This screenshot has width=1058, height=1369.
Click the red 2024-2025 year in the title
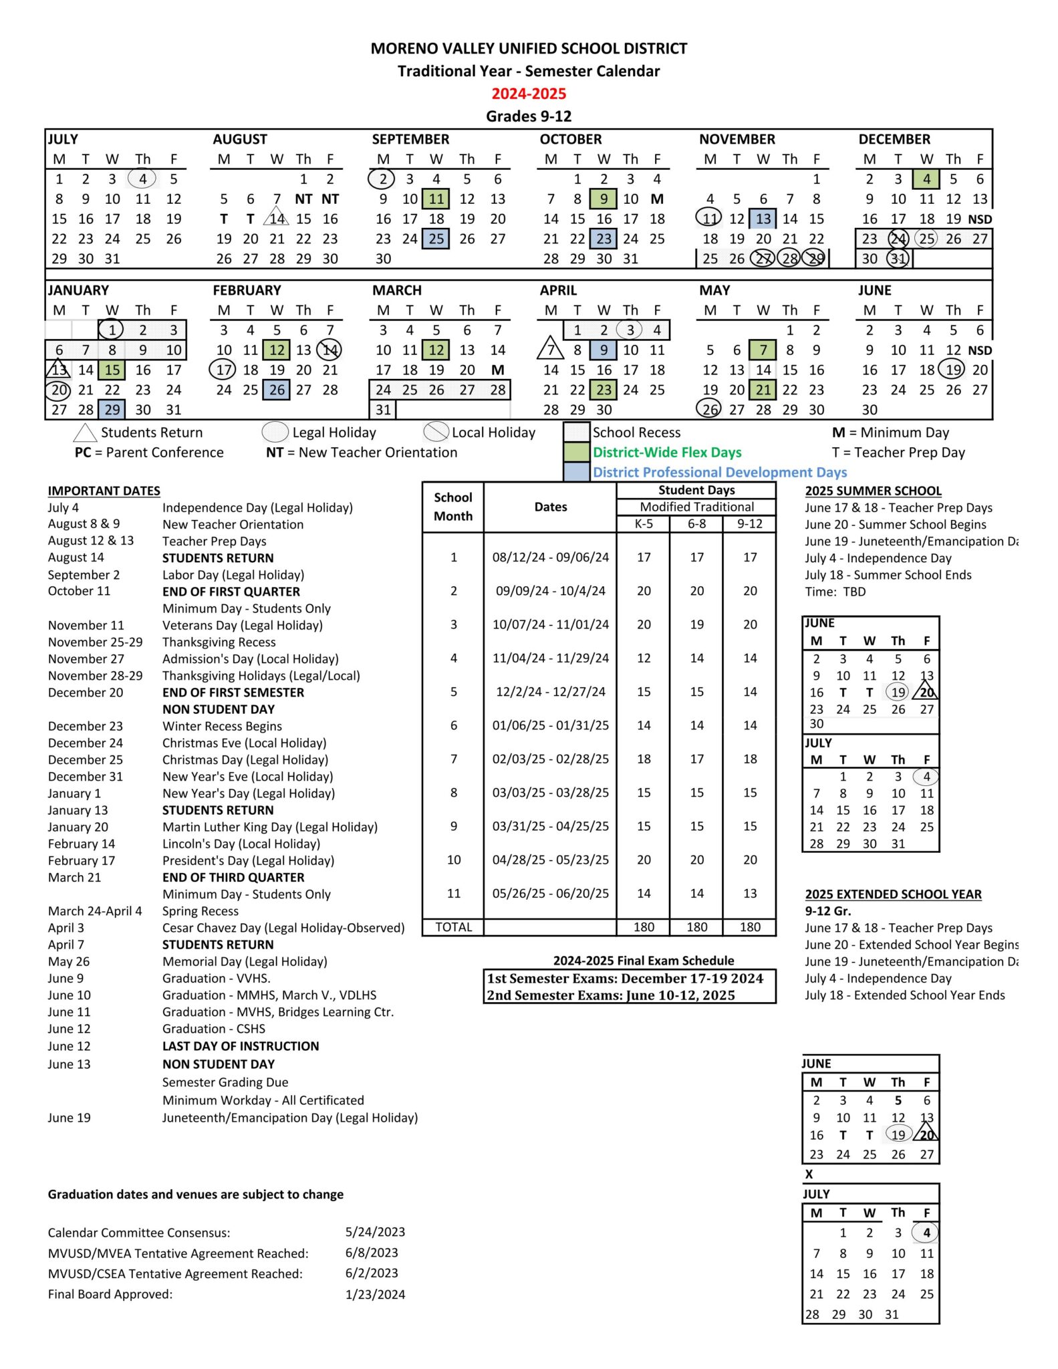pyautogui.click(x=529, y=94)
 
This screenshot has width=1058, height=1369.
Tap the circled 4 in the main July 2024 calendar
pyautogui.click(x=142, y=179)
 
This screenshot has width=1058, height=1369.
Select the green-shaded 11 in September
pyautogui.click(x=436, y=199)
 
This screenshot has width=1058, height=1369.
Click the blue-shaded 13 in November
pyautogui.click(x=763, y=219)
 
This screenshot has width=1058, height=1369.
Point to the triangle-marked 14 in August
pyautogui.click(x=277, y=219)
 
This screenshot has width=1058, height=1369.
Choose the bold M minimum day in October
pyautogui.click(x=657, y=199)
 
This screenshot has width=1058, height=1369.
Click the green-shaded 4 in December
pyautogui.click(x=926, y=179)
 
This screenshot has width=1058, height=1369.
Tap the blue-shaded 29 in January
pyautogui.click(x=112, y=410)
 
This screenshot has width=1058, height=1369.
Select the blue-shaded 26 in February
pyautogui.click(x=277, y=390)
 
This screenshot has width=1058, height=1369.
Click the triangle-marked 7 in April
pyautogui.click(x=551, y=349)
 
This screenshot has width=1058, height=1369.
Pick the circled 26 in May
pyautogui.click(x=710, y=410)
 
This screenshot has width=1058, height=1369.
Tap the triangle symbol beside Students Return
pyautogui.click(x=85, y=433)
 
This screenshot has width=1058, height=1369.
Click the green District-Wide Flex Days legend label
pyautogui.click(x=667, y=453)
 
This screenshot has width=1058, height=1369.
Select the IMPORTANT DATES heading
pyautogui.click(x=104, y=491)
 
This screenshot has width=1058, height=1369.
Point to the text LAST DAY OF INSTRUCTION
pyautogui.click(x=241, y=1046)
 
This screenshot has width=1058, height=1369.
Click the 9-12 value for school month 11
pyautogui.click(x=750, y=894)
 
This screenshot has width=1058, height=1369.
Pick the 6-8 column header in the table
pyautogui.click(x=696, y=524)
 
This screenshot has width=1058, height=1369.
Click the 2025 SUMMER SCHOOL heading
pyautogui.click(x=873, y=491)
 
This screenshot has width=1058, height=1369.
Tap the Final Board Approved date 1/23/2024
pyautogui.click(x=375, y=1294)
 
